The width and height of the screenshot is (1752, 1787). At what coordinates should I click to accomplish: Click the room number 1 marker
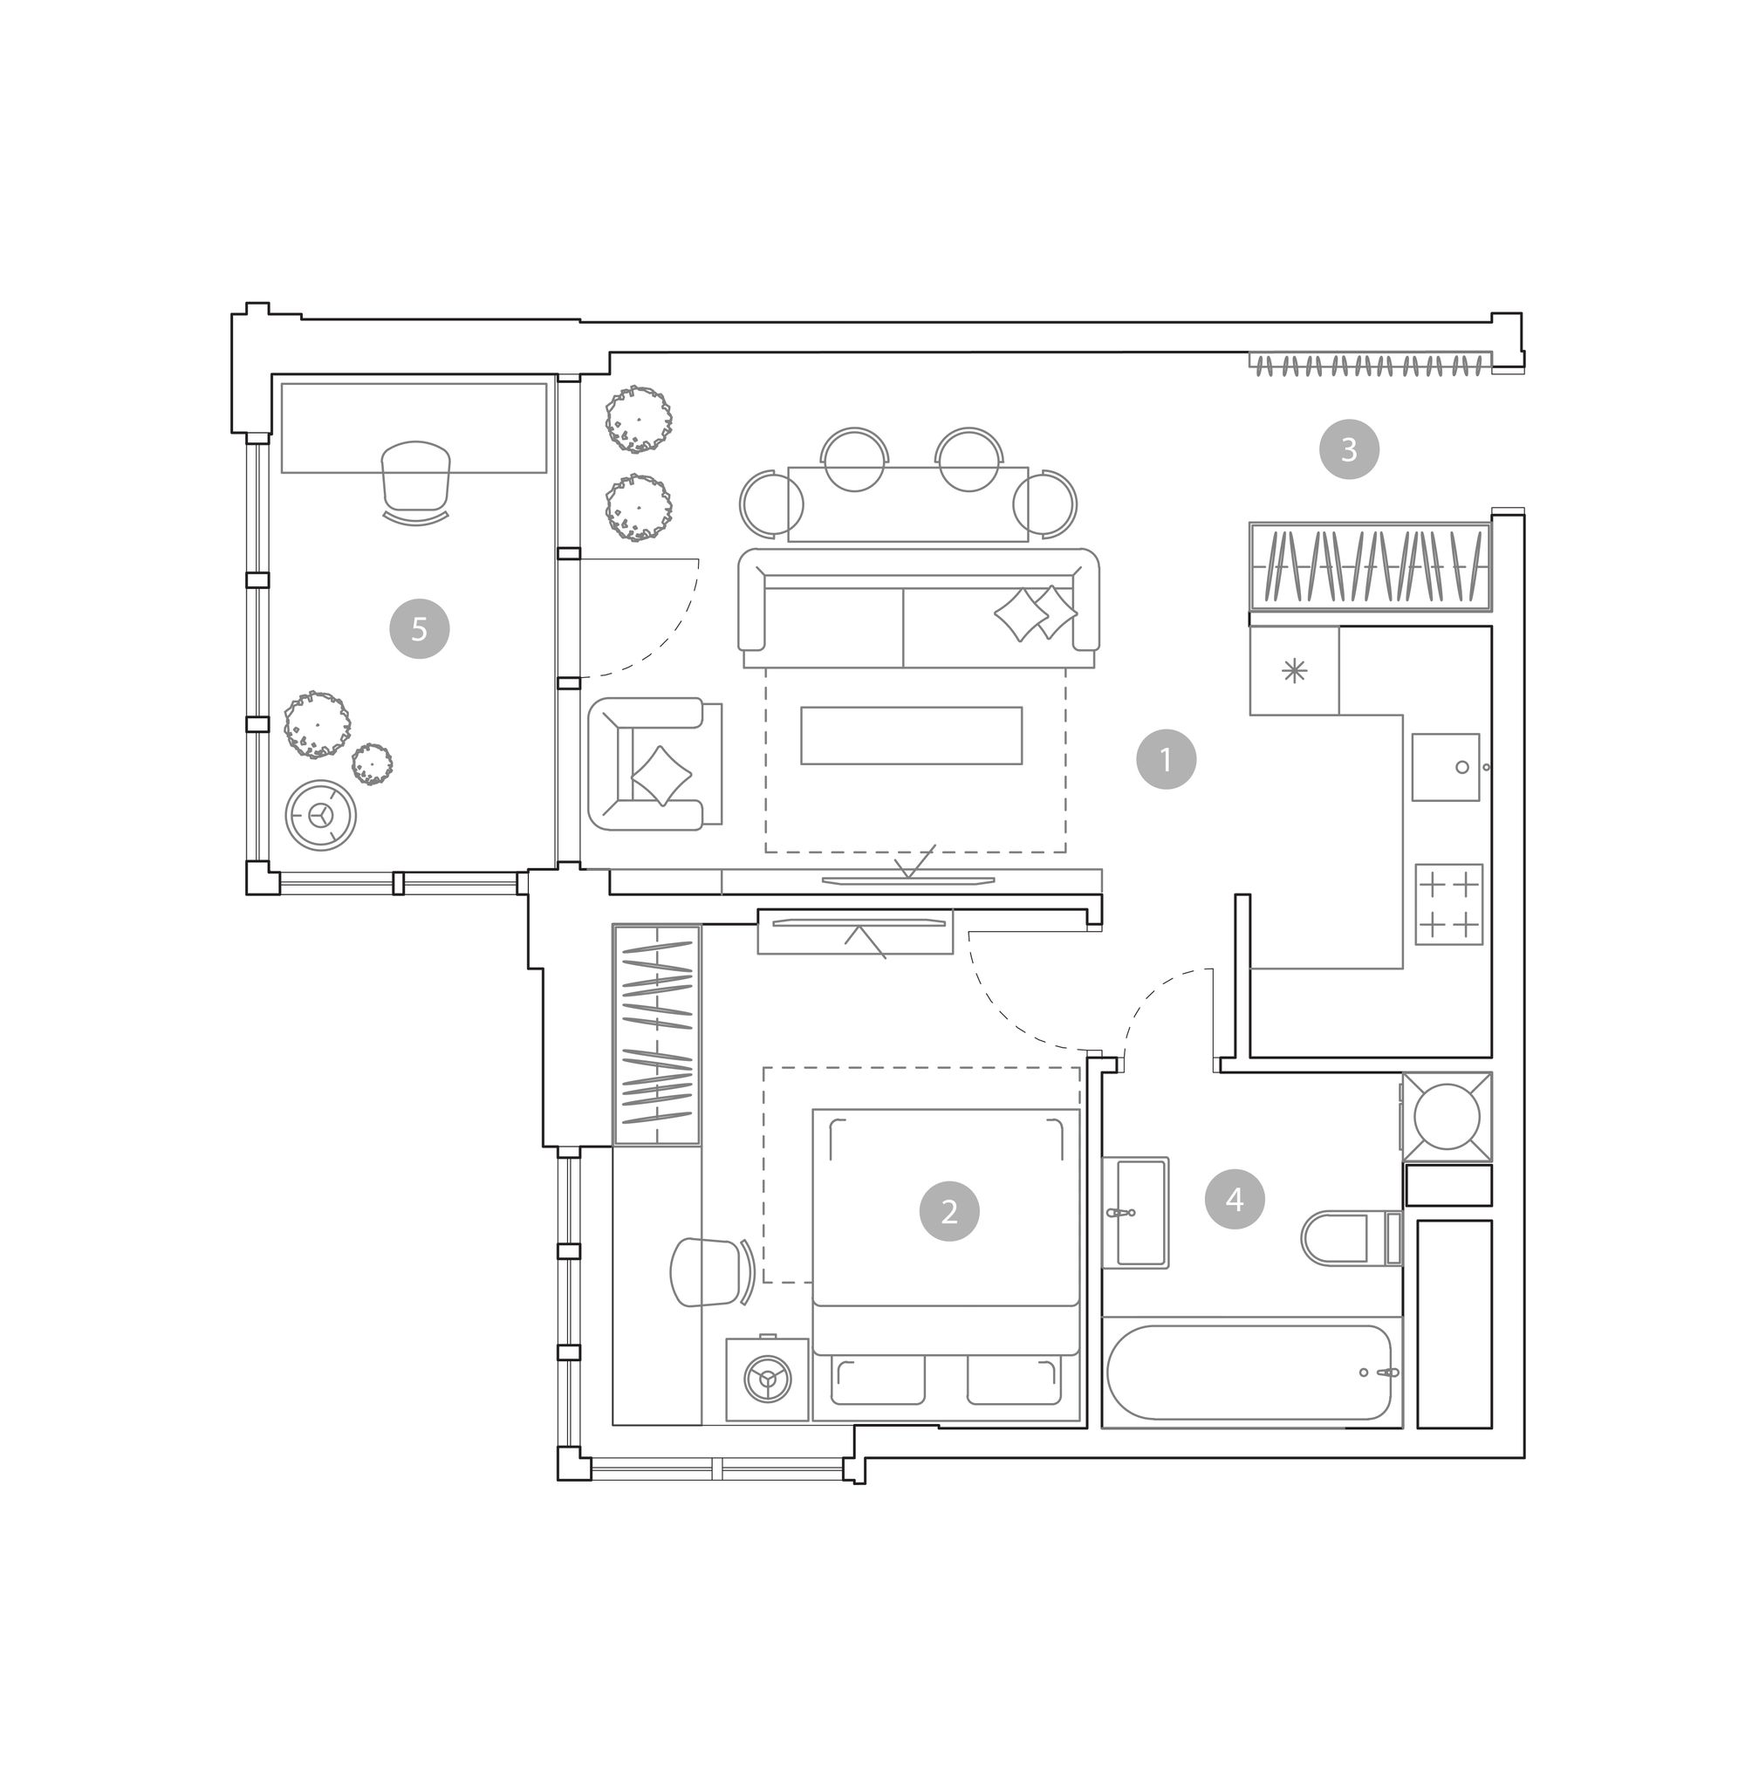(1166, 759)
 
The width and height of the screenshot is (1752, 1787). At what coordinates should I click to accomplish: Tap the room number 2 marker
(948, 1211)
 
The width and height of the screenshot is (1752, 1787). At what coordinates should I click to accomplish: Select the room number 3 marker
(1349, 449)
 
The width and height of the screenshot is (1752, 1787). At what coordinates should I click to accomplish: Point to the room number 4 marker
(1234, 1199)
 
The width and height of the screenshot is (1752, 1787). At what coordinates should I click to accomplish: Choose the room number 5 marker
(419, 628)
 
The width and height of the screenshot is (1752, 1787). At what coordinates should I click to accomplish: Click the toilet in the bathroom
(1351, 1237)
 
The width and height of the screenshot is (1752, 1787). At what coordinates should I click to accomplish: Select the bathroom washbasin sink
(1136, 1213)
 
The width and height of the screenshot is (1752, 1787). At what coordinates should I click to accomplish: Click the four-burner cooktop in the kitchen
(1448, 905)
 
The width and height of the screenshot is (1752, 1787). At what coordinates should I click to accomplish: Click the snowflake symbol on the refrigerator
(1294, 671)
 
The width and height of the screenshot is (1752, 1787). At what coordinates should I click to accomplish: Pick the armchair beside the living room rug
(654, 763)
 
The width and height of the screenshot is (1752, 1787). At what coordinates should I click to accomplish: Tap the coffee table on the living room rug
(911, 736)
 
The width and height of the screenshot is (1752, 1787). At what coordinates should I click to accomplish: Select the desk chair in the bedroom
(711, 1272)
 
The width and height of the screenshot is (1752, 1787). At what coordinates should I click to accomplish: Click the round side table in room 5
(320, 814)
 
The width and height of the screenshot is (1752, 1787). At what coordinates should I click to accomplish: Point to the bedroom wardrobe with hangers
(656, 1035)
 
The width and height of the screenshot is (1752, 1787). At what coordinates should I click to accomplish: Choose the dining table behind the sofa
(907, 504)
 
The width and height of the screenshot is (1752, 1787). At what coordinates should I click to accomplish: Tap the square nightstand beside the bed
(766, 1380)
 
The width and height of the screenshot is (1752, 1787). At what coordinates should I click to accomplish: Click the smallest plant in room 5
(372, 763)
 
